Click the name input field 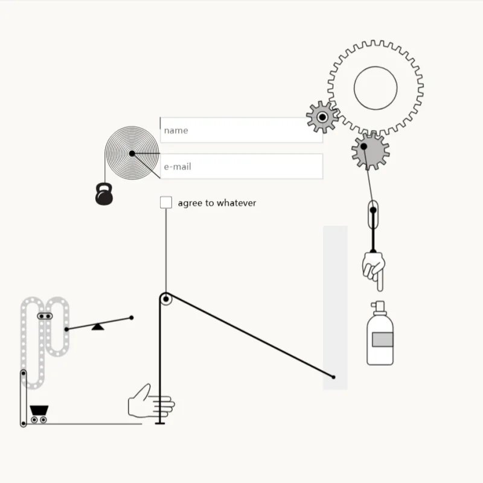241,130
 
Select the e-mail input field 241,167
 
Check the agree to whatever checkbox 166,202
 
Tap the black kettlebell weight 104,194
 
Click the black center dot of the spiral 132,153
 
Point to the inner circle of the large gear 376,88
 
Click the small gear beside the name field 322,117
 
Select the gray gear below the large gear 371,150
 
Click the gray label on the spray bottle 383,339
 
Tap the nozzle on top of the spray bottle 379,306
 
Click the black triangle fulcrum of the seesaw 98,327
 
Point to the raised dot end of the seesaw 132,318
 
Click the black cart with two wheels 39,414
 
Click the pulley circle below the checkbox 166,299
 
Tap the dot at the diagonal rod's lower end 333,377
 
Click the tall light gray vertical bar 335,308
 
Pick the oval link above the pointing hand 373,215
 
